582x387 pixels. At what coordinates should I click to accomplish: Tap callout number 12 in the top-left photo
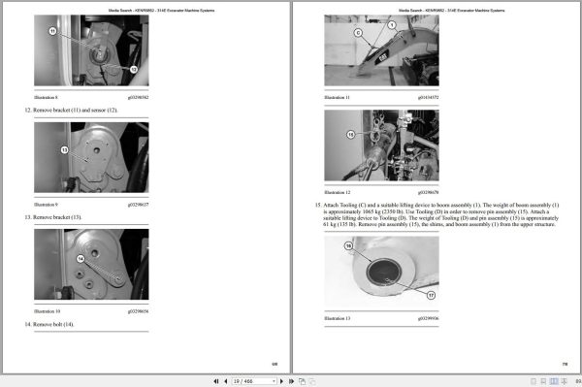133,70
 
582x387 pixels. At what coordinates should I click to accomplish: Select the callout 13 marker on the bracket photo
65,149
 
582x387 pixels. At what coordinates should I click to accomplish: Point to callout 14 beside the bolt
81,259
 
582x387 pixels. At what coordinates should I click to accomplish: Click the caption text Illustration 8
47,98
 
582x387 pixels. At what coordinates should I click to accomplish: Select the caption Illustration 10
48,311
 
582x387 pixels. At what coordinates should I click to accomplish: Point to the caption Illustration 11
337,98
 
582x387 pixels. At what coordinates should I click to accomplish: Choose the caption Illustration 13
337,318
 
